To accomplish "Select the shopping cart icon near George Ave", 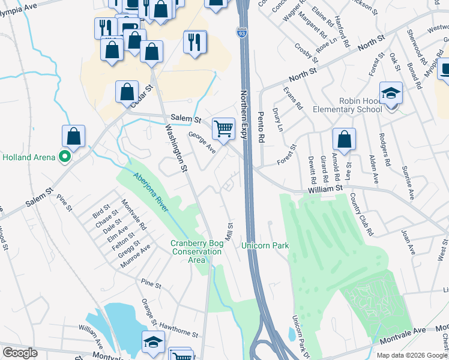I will coord(223,128).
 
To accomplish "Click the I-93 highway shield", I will coord(241,31).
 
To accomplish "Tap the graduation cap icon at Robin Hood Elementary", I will coord(391,93).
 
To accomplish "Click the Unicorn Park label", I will coord(265,245).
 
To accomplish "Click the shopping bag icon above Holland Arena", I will coord(73,136).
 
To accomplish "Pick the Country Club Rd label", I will coord(363,213).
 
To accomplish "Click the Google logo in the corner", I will coord(20,353).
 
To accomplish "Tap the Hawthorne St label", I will coord(178,332).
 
